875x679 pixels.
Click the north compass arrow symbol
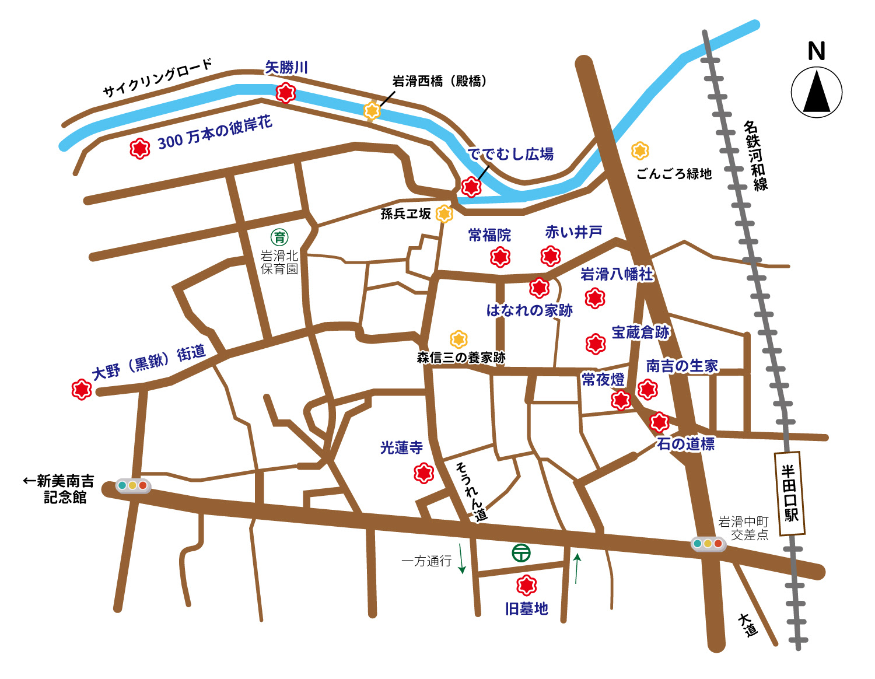tap(817, 92)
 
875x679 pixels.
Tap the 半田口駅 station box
tap(790, 493)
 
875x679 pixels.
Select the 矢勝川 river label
tap(286, 68)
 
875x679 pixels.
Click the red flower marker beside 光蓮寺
tap(423, 473)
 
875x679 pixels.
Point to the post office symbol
tap(521, 552)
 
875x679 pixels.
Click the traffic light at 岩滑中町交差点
tap(708, 544)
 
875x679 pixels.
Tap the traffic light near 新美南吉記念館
tap(133, 485)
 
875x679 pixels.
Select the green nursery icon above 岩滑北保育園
tap(280, 237)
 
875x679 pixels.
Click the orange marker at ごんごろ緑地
tap(640, 150)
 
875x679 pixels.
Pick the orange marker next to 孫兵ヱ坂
tap(444, 214)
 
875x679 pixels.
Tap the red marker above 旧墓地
tap(527, 584)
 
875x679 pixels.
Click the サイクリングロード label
tap(157, 78)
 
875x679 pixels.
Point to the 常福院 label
tap(489, 235)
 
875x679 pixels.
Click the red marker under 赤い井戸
tap(551, 256)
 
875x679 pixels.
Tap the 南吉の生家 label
tap(682, 366)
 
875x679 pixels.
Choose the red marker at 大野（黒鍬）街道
tap(82, 389)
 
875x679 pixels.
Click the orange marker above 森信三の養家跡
tap(459, 339)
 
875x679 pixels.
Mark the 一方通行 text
tap(426, 561)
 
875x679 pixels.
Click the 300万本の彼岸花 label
tap(215, 133)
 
